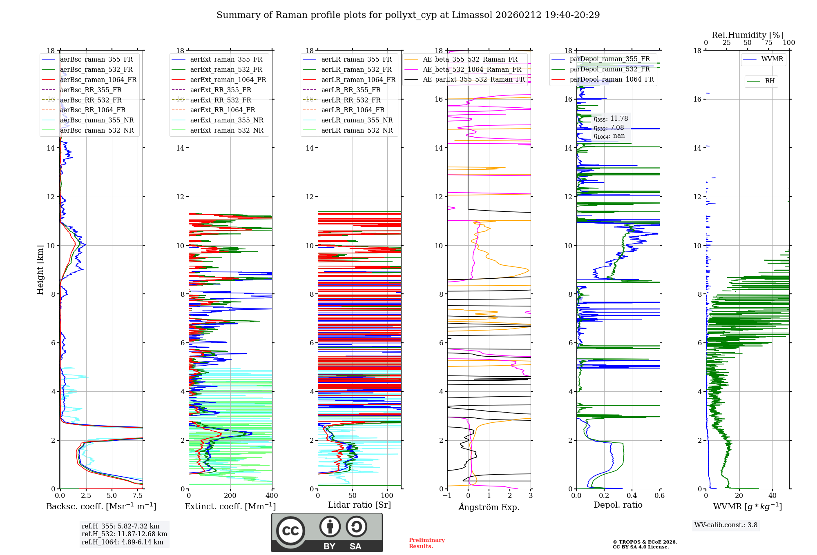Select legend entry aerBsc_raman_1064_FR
[98, 80]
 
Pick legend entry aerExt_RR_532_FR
[221, 100]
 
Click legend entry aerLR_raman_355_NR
[357, 120]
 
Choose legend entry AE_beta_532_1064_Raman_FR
[472, 69]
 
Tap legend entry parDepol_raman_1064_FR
[612, 79]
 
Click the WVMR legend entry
[772, 59]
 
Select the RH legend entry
[770, 81]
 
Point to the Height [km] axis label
[40, 269]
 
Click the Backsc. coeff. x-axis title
[101, 506]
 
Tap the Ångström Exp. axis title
[489, 507]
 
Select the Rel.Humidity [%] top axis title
[747, 35]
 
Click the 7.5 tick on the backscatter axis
[138, 496]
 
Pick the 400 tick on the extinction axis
[272, 496]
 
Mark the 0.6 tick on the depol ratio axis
[659, 496]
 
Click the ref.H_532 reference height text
[124, 534]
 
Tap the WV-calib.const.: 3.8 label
[726, 525]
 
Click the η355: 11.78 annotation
[611, 119]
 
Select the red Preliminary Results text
[426, 543]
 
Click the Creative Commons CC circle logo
[290, 531]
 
